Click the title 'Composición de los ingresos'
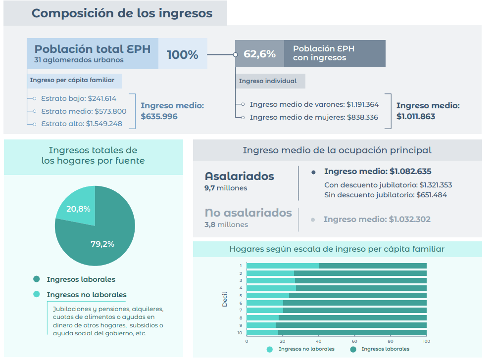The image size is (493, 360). tap(122, 13)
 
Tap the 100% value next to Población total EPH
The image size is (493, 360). tap(182, 54)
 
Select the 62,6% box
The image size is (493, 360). tap(259, 54)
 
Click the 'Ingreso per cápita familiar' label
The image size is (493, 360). tap(72, 80)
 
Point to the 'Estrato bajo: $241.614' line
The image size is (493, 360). tap(78, 98)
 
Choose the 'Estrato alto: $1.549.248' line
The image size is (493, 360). tap(81, 124)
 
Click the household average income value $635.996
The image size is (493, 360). tap(159, 117)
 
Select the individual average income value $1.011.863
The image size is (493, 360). tap(416, 117)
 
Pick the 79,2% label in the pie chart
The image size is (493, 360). tap(102, 243)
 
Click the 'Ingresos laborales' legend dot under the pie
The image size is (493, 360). tap(37, 279)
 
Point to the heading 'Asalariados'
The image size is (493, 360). tap(239, 177)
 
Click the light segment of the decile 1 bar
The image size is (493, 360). tap(282, 266)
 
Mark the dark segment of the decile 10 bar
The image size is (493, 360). tap(352, 333)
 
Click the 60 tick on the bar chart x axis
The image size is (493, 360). tap(354, 341)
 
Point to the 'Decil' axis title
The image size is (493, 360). tap(225, 299)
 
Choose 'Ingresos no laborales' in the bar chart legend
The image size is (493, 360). tap(306, 349)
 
